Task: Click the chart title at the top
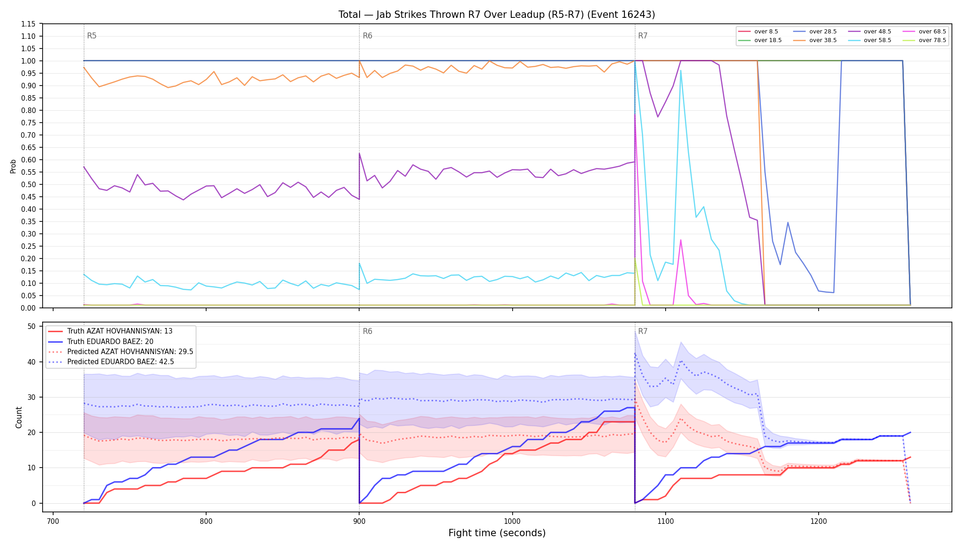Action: click(497, 15)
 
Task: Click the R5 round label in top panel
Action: click(92, 36)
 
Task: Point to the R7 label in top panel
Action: click(643, 36)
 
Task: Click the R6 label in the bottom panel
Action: click(367, 331)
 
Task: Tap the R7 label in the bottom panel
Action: click(643, 331)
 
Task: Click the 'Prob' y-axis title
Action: click(13, 166)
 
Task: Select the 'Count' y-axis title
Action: click(19, 417)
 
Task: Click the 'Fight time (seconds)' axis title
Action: click(497, 533)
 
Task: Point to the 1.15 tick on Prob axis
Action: click(28, 24)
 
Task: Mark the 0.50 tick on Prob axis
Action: click(28, 184)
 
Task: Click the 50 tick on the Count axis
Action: click(32, 326)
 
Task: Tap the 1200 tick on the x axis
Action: click(819, 521)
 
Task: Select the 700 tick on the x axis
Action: click(53, 521)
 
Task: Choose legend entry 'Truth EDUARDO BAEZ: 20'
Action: click(110, 342)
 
